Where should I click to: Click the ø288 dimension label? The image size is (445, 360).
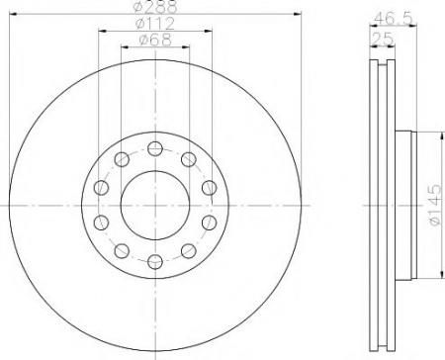pyautogui.click(x=156, y=6)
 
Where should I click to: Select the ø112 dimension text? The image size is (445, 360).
pyautogui.click(x=155, y=23)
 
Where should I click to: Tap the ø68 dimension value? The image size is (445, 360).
pyautogui.click(x=155, y=40)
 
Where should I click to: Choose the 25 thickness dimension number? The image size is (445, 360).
pyautogui.click(x=383, y=39)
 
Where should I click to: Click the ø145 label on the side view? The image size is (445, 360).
pyautogui.click(x=435, y=205)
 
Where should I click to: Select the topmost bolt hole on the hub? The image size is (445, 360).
pyautogui.click(x=155, y=148)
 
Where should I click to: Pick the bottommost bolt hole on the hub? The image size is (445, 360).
pyautogui.click(x=155, y=262)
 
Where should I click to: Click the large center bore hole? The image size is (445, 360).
pyautogui.click(x=155, y=205)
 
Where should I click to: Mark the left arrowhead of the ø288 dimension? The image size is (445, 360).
pyautogui.click(x=13, y=14)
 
